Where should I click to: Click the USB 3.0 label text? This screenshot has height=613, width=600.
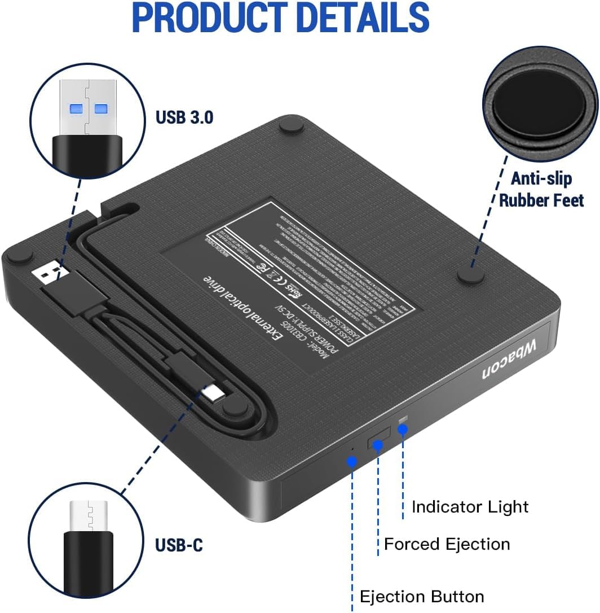pyautogui.click(x=184, y=117)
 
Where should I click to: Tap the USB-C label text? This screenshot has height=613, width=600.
pyautogui.click(x=179, y=545)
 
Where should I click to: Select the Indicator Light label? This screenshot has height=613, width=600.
pyautogui.click(x=470, y=506)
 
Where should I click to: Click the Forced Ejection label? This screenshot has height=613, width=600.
pyautogui.click(x=447, y=544)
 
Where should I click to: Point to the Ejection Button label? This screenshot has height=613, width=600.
pyautogui.click(x=422, y=597)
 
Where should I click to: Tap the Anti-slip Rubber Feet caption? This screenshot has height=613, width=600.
pyautogui.click(x=541, y=189)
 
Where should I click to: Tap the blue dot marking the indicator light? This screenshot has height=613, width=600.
pyautogui.click(x=402, y=430)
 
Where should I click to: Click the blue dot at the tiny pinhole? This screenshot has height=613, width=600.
pyautogui.click(x=352, y=461)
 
